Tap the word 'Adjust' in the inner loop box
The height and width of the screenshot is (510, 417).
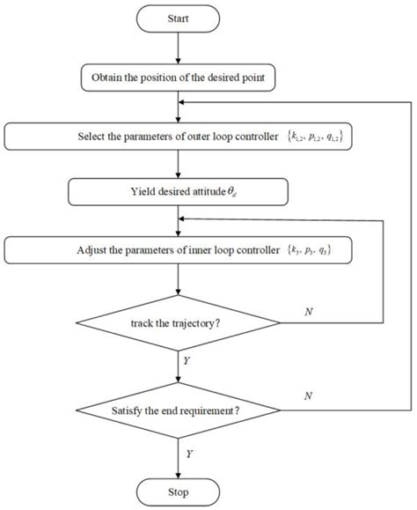pos(91,250)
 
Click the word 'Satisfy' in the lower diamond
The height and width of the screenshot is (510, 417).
pos(130,410)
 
